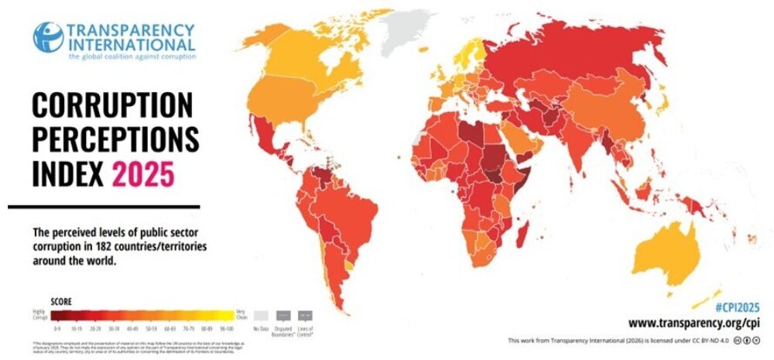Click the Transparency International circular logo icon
click(x=48, y=37)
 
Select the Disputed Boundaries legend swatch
click(x=283, y=316)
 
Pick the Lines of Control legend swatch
click(x=305, y=316)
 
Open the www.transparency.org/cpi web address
click(x=695, y=322)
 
